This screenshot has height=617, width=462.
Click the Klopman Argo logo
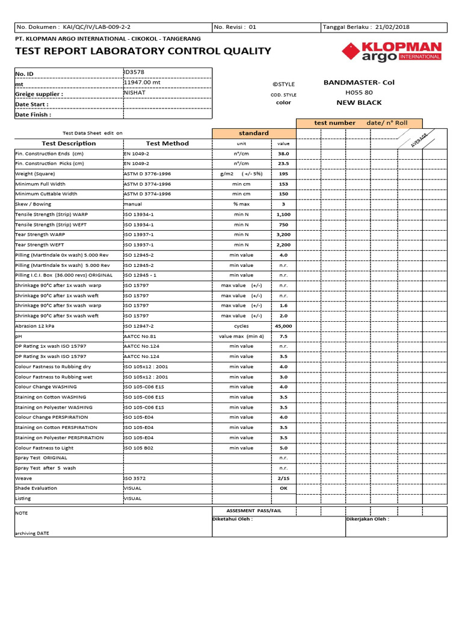(x=392, y=52)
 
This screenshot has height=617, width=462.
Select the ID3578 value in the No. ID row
(x=134, y=72)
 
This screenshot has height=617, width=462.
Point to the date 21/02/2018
(x=392, y=27)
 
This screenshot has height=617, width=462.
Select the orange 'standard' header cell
(x=253, y=133)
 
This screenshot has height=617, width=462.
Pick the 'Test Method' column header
(x=167, y=143)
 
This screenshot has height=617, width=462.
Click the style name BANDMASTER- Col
(x=359, y=83)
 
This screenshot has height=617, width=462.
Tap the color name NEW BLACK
(x=359, y=103)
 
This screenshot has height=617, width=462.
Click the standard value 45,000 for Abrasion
(x=283, y=326)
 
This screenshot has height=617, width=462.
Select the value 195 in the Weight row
(x=283, y=174)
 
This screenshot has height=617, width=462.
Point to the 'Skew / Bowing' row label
(x=33, y=204)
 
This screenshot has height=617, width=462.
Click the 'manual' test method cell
(x=133, y=204)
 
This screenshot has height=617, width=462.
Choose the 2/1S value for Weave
(x=283, y=478)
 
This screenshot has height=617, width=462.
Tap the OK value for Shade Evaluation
(x=283, y=488)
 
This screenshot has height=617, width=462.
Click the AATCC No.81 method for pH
(x=140, y=336)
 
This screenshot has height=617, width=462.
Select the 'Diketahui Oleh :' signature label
(x=233, y=519)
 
